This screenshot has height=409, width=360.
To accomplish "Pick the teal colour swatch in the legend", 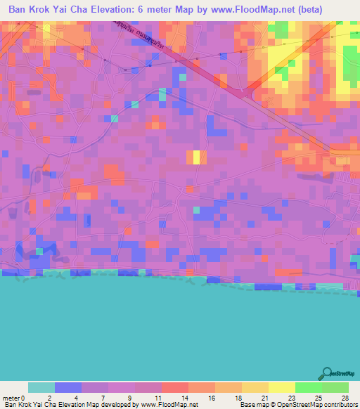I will tap(41, 388).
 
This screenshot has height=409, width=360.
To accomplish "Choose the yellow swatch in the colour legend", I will tap(281, 388).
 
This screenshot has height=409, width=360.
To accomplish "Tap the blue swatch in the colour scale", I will tap(67, 388).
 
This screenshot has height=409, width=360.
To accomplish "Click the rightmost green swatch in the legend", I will tap(335, 388).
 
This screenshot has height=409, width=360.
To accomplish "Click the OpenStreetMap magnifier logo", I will tap(326, 374).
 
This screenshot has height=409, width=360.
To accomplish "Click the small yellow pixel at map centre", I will tap(196, 157).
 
